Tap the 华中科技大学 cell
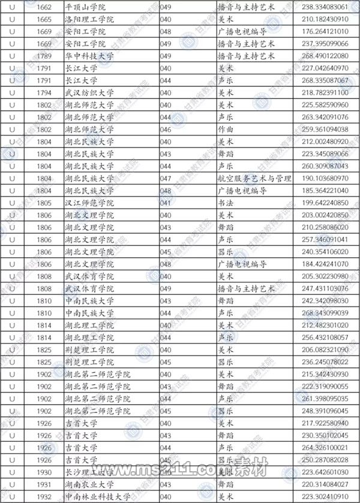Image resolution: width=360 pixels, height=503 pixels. tap(91, 56)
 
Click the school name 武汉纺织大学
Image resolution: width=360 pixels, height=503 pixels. tap(91, 92)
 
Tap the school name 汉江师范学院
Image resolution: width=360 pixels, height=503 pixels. tap(91, 202)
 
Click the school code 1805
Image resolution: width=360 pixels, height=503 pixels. tap(45, 202)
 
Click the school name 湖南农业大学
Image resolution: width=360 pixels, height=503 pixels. tap(91, 484)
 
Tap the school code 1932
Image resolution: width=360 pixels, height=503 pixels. tap(45, 496)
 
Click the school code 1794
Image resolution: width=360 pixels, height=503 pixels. tap(45, 92)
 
